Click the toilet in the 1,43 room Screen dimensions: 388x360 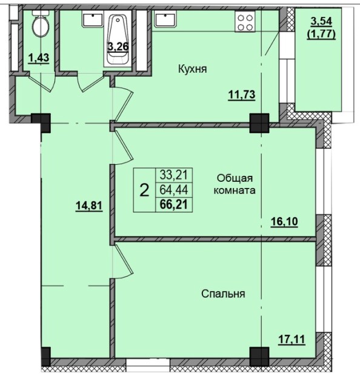coord(40,26)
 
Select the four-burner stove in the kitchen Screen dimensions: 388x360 coord(245,23)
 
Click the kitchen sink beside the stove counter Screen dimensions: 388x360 coord(165,19)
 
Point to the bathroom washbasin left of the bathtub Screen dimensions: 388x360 coord(92,19)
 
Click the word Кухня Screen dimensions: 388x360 coord(193,69)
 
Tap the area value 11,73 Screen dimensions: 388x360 coord(241,93)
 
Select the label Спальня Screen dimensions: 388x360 coord(222,294)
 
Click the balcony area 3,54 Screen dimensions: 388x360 coord(322,22)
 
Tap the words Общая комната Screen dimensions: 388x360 coord(236,184)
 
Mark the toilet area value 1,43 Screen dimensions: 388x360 coord(39,58)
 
